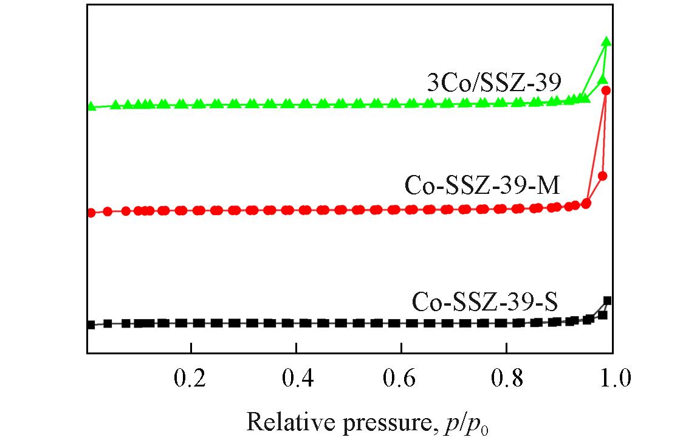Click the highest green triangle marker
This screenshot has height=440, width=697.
[x=606, y=41]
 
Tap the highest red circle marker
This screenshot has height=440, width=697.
[x=606, y=91]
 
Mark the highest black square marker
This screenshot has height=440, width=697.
[x=607, y=300]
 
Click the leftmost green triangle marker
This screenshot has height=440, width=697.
[x=91, y=106]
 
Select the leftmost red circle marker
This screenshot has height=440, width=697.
[x=91, y=213]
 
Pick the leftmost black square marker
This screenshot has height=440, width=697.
[x=91, y=325]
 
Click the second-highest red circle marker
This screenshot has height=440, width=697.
[x=603, y=176]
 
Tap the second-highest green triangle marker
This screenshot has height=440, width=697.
[x=602, y=80]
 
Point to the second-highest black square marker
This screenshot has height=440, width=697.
[x=603, y=315]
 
